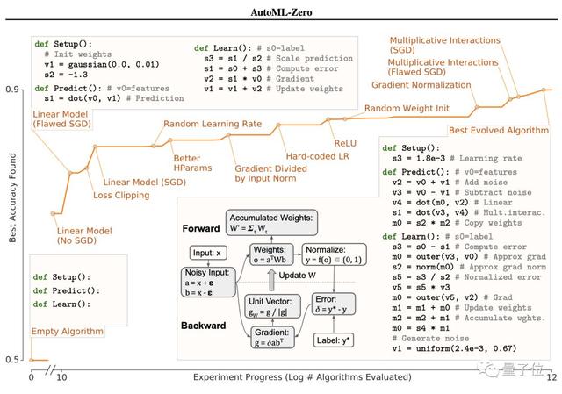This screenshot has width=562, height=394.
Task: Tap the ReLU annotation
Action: point(344,142)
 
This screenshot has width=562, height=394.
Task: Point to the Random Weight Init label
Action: point(408,108)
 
